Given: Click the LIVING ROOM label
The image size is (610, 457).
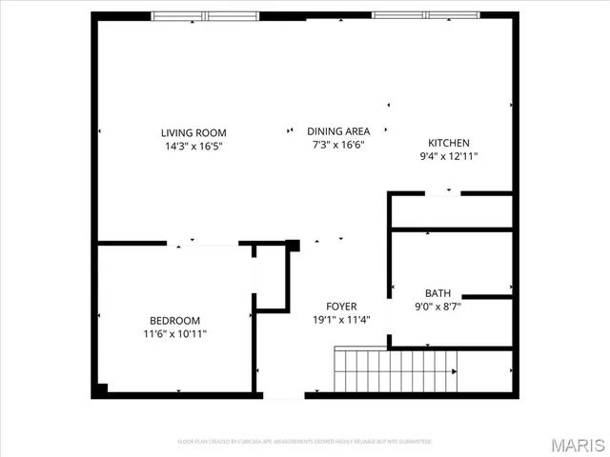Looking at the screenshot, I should [x=193, y=132].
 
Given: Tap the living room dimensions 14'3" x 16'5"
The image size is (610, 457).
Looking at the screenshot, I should [x=193, y=146].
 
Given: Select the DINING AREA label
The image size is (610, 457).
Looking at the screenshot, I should [x=337, y=131].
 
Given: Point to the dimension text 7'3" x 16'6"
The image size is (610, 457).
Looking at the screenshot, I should [x=337, y=145].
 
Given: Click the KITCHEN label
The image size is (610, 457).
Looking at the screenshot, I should [x=449, y=143].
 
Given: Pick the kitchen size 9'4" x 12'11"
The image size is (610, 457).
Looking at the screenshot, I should [x=449, y=156].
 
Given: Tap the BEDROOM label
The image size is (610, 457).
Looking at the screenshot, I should [x=174, y=321].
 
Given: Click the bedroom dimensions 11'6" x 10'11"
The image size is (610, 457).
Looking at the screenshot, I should [x=174, y=334].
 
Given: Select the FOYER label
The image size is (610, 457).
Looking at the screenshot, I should [x=342, y=306].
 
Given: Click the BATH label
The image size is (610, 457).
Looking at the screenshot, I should [x=438, y=293].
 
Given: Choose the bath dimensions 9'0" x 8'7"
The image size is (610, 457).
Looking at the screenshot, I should [x=438, y=307].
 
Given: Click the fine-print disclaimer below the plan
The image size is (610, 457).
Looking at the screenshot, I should [x=305, y=442].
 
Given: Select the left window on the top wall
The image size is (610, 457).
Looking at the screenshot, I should [x=206, y=16].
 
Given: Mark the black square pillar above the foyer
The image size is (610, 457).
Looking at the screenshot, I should [x=294, y=246].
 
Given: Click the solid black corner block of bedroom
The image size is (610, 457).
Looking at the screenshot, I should [x=100, y=389].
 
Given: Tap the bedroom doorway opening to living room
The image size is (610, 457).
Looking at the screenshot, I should [x=203, y=244].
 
